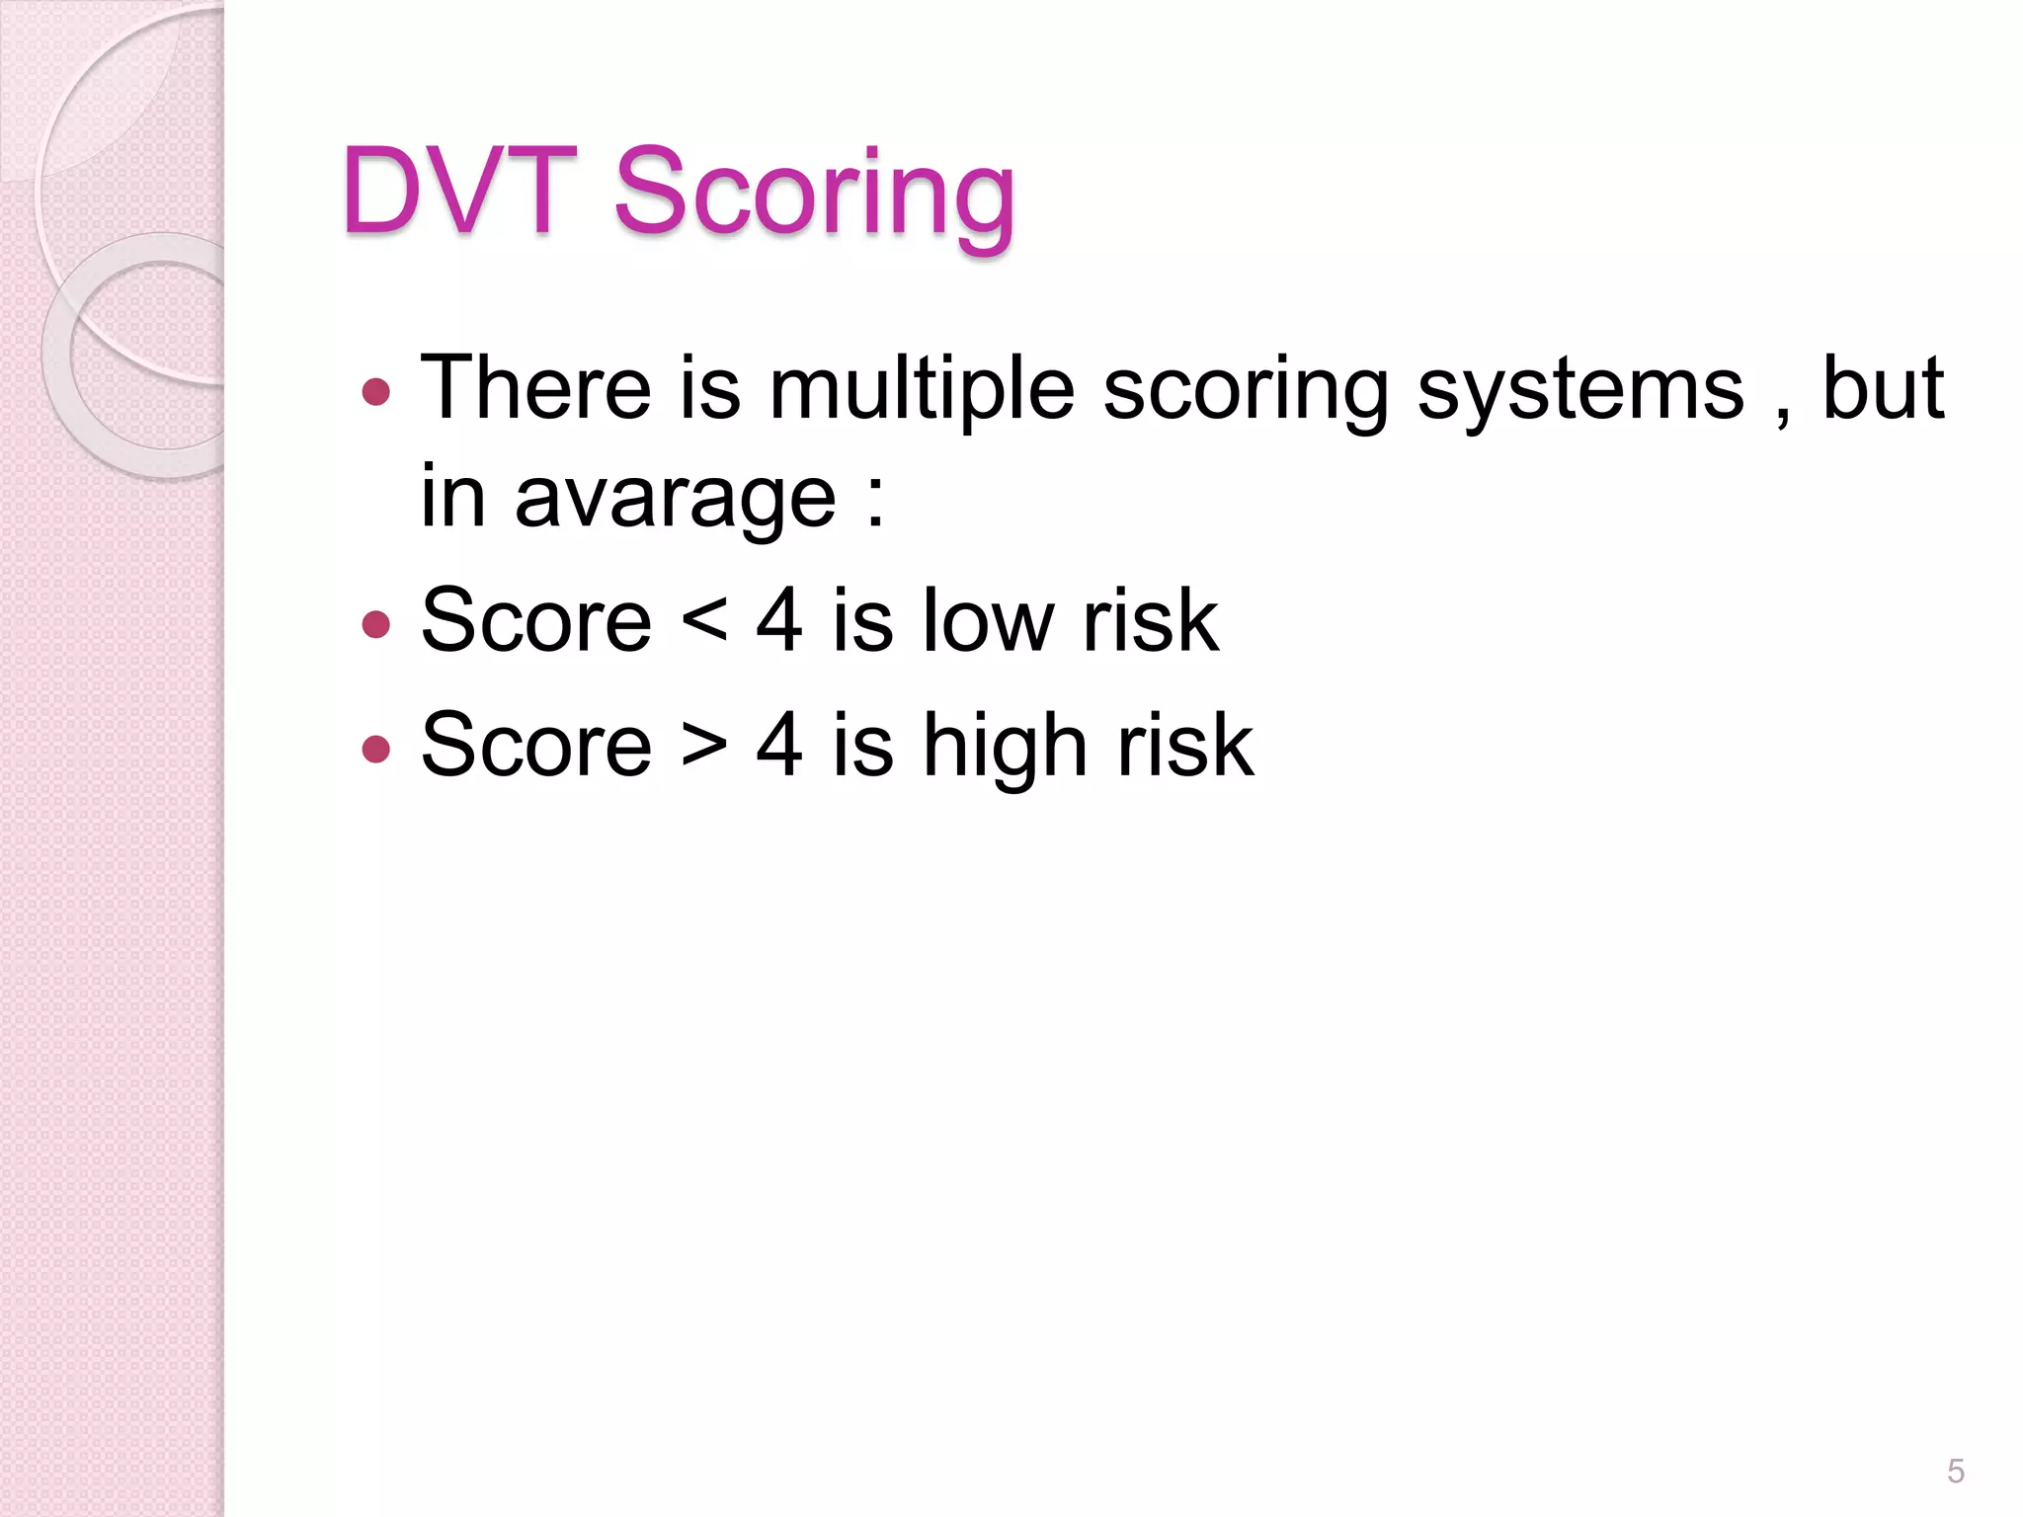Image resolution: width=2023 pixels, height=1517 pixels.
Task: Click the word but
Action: [1883, 387]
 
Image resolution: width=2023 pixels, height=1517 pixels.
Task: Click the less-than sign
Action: [704, 621]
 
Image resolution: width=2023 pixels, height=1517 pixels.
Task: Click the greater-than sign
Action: [704, 746]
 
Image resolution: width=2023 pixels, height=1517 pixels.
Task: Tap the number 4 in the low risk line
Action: [779, 620]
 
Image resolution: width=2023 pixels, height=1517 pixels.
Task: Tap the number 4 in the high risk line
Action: [779, 745]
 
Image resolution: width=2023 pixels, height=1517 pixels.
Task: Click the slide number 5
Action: [1955, 1472]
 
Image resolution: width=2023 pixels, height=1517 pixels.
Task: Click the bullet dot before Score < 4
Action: [376, 624]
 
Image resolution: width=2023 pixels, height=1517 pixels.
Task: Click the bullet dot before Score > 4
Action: [376, 749]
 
